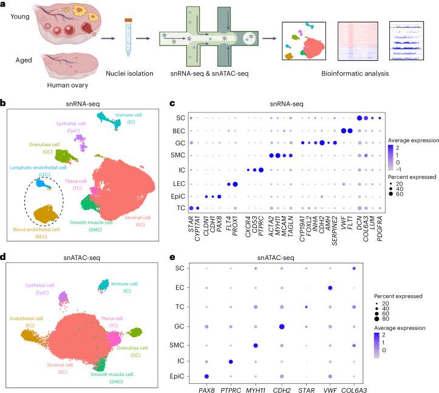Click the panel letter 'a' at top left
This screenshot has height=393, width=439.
4,4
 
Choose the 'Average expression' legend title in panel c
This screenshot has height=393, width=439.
415,140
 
